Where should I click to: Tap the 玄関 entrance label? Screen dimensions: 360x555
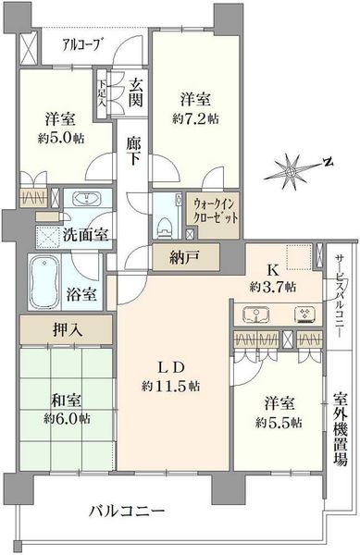pyautogui.click(x=135, y=93)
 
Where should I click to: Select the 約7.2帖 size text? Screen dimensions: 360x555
pyautogui.click(x=195, y=119)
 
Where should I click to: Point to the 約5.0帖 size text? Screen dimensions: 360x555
pyautogui.click(x=61, y=139)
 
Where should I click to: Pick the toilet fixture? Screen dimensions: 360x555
pyautogui.click(x=163, y=227)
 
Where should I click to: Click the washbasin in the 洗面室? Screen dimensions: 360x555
pyautogui.click(x=87, y=200)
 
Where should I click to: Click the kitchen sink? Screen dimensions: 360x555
pyautogui.click(x=256, y=314)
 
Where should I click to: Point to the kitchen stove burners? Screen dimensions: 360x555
pyautogui.click(x=305, y=314)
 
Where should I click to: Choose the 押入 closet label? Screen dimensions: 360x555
pyautogui.click(x=68, y=330)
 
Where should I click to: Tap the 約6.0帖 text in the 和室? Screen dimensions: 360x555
pyautogui.click(x=67, y=419)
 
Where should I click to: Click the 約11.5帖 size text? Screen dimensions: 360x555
pyautogui.click(x=170, y=386)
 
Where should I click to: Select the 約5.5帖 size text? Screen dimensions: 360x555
pyautogui.click(x=279, y=423)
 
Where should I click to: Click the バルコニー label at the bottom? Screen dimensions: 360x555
pyautogui.click(x=127, y=512)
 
